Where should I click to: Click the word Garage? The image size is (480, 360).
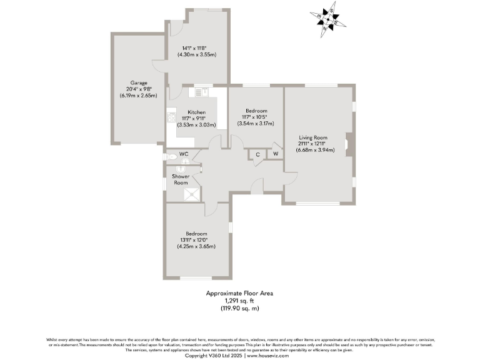click(138, 82)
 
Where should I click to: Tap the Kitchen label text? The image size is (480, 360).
click(196, 112)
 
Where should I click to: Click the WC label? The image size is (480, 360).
click(184, 154)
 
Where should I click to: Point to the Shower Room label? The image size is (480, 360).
click(181, 179)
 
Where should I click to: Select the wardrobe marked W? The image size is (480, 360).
click(275, 154)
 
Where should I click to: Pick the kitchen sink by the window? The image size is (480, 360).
click(201, 92)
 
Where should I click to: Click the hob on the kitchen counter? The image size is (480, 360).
click(171, 117)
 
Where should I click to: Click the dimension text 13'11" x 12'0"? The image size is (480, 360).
click(197, 240)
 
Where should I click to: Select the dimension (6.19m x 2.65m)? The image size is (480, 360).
click(137, 96)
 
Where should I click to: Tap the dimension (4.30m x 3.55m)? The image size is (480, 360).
click(199, 54)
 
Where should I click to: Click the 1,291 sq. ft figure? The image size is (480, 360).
click(240, 300)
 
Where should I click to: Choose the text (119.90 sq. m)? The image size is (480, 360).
click(240, 307)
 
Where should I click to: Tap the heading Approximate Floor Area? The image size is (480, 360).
click(240, 292)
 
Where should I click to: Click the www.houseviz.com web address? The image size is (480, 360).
click(268, 354)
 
